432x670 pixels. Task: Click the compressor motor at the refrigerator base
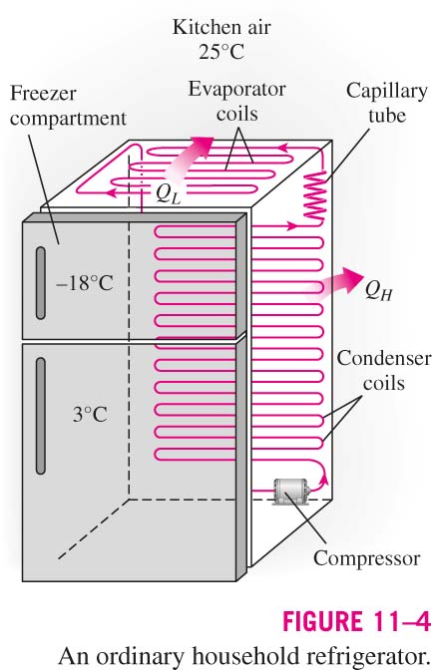pos(290,492)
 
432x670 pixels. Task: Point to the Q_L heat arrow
pos(189,159)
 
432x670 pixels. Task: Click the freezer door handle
pos(41,282)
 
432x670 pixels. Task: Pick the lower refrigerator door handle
pos(41,416)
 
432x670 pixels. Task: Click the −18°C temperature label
pos(85,283)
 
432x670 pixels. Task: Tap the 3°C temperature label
pos(90,415)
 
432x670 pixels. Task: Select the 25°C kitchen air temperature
pos(221,52)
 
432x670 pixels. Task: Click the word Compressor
pos(366,558)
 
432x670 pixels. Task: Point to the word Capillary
pos(387,92)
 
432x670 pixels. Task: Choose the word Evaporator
pos(237,90)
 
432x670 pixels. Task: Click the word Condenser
pos(384,358)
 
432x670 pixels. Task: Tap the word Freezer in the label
pos(43,93)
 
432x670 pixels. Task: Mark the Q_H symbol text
pos(378,291)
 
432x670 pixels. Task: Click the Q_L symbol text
pos(168,194)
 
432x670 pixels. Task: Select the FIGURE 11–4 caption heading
pos(356,621)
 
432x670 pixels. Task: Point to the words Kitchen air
pos(221,27)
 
